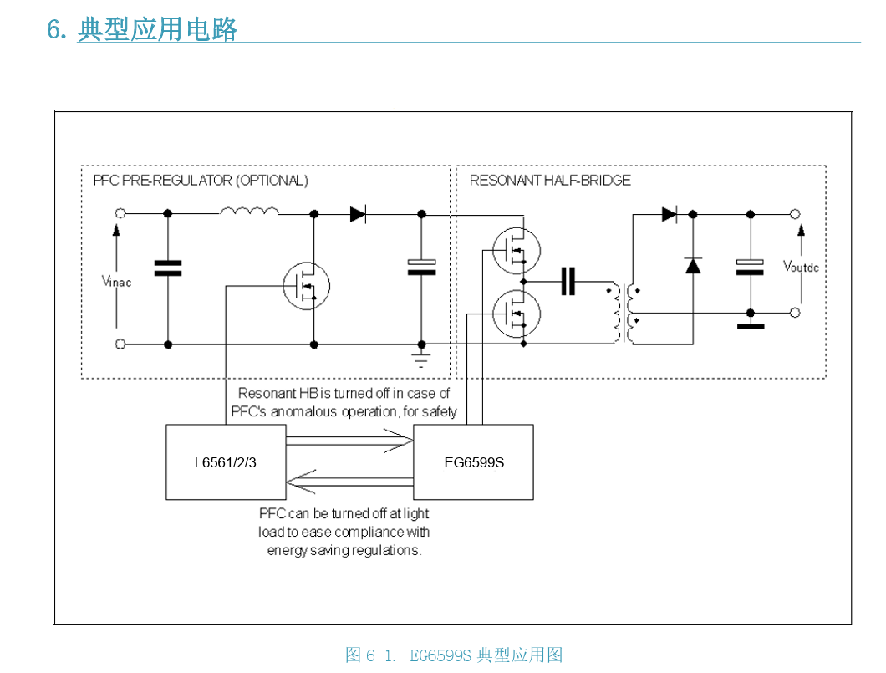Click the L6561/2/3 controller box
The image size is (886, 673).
[x=226, y=462]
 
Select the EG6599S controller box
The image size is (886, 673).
[x=474, y=462]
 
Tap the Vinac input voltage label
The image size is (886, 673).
[x=116, y=282]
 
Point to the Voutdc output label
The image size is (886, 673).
[x=800, y=267]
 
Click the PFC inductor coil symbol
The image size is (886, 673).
[x=250, y=212]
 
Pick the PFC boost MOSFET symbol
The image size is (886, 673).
[x=306, y=284]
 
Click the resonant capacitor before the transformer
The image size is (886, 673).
[x=568, y=282]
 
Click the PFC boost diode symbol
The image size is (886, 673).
[x=358, y=214]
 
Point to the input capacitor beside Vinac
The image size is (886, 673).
[x=168, y=268]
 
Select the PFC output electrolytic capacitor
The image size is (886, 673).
[x=422, y=267]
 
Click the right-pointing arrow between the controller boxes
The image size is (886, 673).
[x=351, y=439]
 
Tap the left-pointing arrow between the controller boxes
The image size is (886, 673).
[x=351, y=482]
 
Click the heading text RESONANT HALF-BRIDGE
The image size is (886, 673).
[x=549, y=181]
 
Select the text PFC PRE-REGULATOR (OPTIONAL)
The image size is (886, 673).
[x=200, y=181]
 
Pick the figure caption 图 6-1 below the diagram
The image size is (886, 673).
[x=454, y=655]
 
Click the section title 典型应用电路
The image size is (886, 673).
[x=157, y=29]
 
